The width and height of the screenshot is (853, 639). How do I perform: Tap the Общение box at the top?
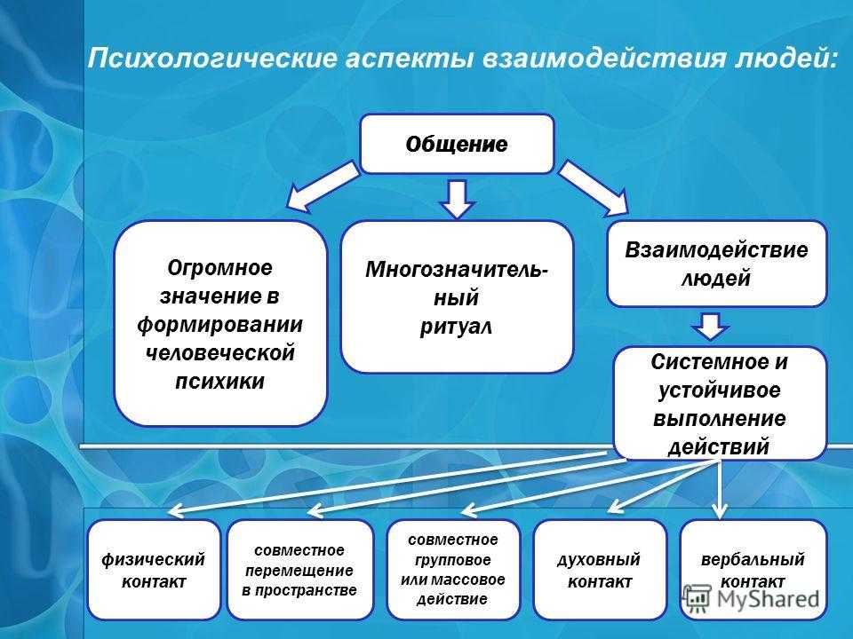pyautogui.click(x=457, y=144)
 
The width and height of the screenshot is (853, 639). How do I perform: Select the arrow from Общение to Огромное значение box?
pyautogui.click(x=322, y=185)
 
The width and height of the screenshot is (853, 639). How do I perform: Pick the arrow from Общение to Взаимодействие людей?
pyautogui.click(x=594, y=188)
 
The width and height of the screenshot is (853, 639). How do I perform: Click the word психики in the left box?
pyautogui.click(x=219, y=381)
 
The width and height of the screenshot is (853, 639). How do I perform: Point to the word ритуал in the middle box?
pyautogui.click(x=456, y=327)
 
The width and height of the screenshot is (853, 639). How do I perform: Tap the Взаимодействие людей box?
pyautogui.click(x=716, y=264)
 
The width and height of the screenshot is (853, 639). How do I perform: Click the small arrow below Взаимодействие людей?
pyautogui.click(x=710, y=326)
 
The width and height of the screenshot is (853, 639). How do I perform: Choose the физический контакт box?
pyautogui.click(x=154, y=570)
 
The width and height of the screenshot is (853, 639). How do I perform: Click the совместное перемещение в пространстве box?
pyautogui.click(x=299, y=570)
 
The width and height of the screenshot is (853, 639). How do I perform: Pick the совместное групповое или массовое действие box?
pyautogui.click(x=452, y=570)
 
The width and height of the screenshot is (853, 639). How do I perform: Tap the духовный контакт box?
pyautogui.click(x=600, y=570)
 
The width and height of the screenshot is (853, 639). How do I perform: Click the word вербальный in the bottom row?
pyautogui.click(x=753, y=559)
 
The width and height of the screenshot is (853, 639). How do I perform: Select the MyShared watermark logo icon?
pyautogui.click(x=697, y=597)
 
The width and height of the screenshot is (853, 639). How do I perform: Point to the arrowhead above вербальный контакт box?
pyautogui.click(x=720, y=511)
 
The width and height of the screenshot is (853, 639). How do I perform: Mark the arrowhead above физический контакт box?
pyautogui.click(x=177, y=511)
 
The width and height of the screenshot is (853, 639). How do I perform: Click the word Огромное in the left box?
pyautogui.click(x=219, y=268)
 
